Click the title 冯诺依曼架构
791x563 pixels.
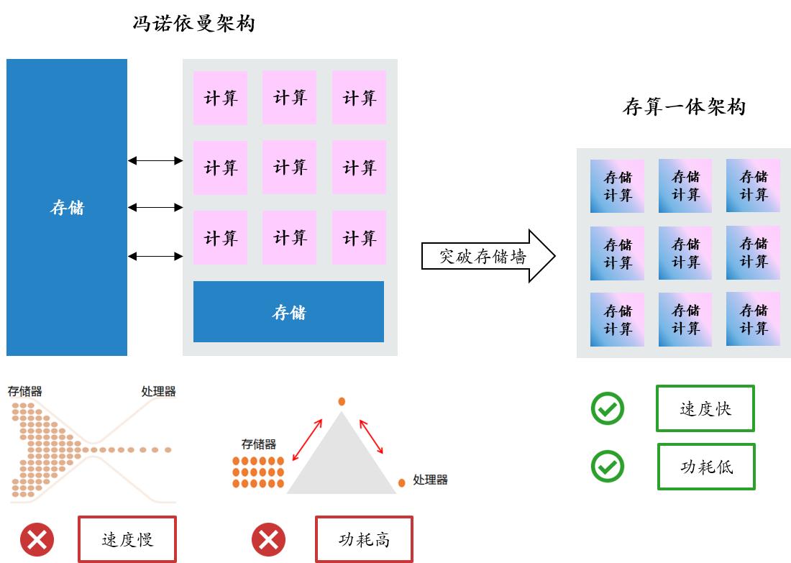click(x=193, y=24)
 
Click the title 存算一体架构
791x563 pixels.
click(x=684, y=107)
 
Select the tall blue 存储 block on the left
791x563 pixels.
click(x=67, y=207)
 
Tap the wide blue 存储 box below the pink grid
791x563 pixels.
click(x=288, y=311)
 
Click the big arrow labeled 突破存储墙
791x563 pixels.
click(x=488, y=256)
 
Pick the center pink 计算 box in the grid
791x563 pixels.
click(x=290, y=167)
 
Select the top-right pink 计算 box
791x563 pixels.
click(x=359, y=97)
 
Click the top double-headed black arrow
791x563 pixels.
click(x=155, y=160)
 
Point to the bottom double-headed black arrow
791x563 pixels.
click(x=155, y=255)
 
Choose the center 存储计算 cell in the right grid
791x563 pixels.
click(x=685, y=253)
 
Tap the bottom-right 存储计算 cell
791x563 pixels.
click(x=753, y=319)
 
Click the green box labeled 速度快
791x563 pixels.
click(x=705, y=408)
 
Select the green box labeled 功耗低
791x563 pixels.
click(x=706, y=466)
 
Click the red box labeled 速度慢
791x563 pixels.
click(x=127, y=539)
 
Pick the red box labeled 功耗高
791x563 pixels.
click(x=364, y=539)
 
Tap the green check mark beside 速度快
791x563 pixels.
click(x=608, y=408)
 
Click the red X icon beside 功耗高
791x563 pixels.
click(x=268, y=539)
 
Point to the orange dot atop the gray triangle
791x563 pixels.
click(x=342, y=400)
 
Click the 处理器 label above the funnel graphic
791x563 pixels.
click(x=158, y=391)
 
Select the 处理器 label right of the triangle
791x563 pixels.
click(x=430, y=480)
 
